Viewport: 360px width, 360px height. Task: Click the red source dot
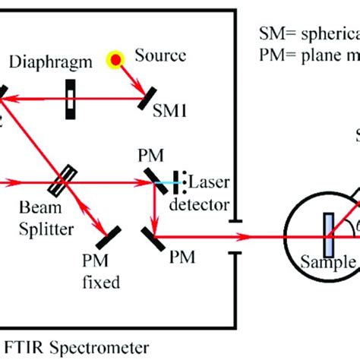pos(115,58)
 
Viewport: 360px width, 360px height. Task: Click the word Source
pos(159,56)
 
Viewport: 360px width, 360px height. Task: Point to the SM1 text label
pos(172,112)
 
